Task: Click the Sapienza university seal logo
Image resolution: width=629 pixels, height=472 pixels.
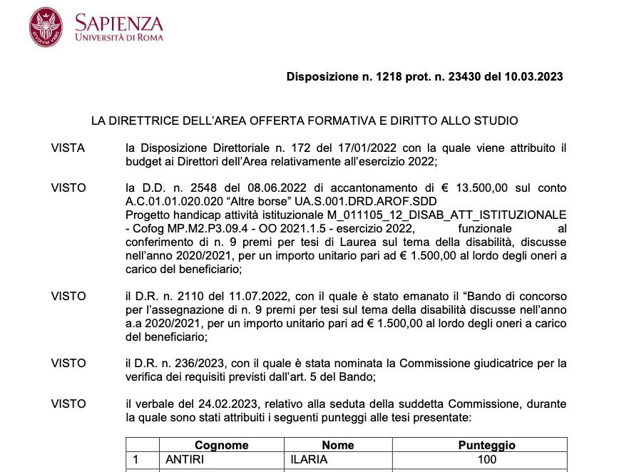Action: (x=46, y=27)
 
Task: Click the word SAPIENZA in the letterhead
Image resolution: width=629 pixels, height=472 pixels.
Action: (x=119, y=24)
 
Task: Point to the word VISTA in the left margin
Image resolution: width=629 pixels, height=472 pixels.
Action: (x=68, y=148)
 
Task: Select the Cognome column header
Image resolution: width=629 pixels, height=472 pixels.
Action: (x=221, y=445)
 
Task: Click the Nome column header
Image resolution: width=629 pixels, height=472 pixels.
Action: (x=338, y=445)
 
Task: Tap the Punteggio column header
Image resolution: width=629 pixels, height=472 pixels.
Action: (x=486, y=445)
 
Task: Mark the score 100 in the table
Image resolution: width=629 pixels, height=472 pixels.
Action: (x=486, y=460)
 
